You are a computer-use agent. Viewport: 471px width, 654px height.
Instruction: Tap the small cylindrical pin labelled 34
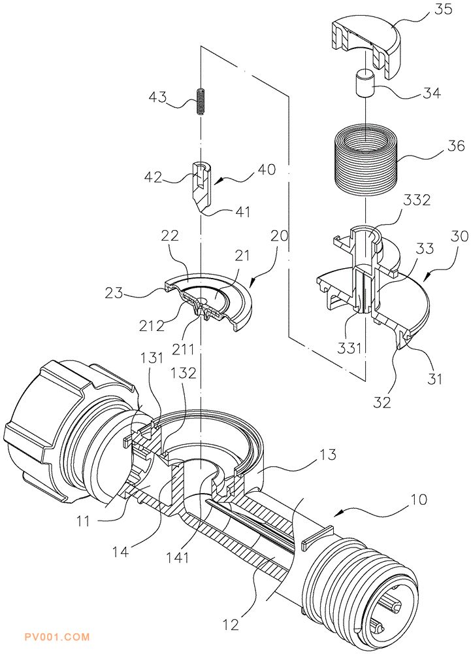(x=365, y=83)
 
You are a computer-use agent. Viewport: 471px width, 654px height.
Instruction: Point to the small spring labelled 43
(x=201, y=103)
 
